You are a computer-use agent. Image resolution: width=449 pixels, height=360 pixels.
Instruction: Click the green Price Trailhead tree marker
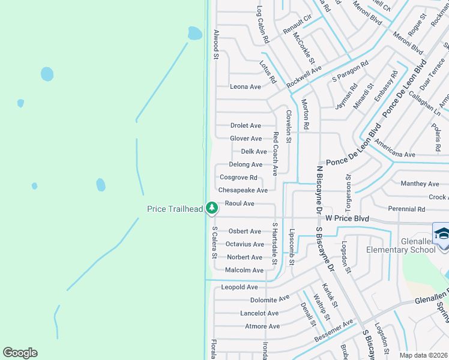[x=211, y=208]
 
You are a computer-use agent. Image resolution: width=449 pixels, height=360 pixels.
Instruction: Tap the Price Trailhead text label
[x=175, y=209]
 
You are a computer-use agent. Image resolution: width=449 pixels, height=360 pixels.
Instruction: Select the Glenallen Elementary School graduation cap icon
[x=442, y=233]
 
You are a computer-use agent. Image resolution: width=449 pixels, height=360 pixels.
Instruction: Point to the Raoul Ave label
[x=240, y=204]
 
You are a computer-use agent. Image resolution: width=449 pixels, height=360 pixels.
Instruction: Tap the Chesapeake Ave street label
[x=243, y=190]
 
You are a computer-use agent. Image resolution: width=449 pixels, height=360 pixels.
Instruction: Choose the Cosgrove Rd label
[x=238, y=178]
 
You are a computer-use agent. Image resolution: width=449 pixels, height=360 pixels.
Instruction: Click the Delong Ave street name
[x=246, y=164]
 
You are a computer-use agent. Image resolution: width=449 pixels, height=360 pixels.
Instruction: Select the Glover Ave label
[x=246, y=139]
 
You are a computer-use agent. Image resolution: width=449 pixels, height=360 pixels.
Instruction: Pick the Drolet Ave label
[x=246, y=126]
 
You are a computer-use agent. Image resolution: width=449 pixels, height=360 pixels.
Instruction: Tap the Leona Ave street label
[x=246, y=87]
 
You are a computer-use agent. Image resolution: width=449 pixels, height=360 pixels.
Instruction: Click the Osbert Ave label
[x=245, y=232]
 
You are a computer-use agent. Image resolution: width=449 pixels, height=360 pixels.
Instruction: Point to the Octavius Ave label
[x=245, y=244]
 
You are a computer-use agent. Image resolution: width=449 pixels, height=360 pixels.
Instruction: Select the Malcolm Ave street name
[x=244, y=271]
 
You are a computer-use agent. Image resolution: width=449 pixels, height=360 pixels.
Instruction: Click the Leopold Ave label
[x=240, y=287]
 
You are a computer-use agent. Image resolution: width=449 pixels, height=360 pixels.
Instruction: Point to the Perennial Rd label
[x=406, y=209]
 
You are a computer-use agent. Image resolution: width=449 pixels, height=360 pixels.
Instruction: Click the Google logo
[x=20, y=353]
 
